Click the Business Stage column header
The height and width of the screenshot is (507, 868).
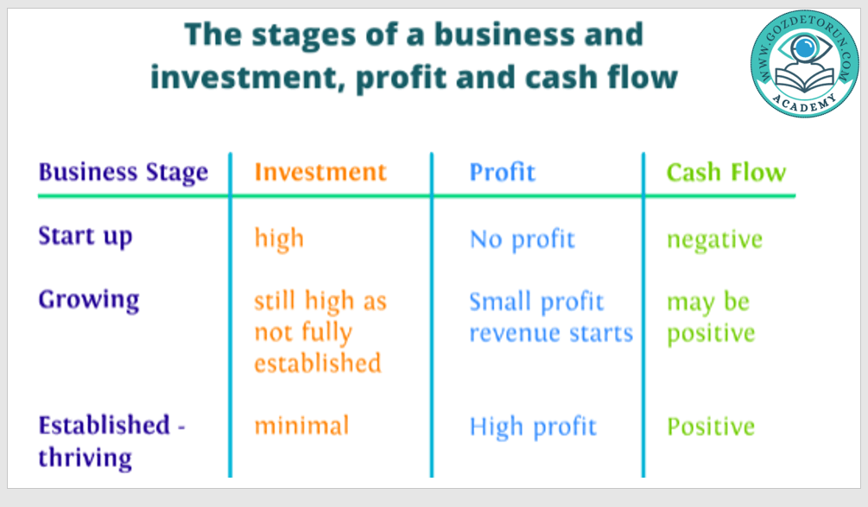tap(123, 172)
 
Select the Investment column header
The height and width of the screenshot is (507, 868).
tap(320, 172)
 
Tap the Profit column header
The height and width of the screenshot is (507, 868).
tap(502, 172)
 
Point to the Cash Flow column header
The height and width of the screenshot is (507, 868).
tap(725, 172)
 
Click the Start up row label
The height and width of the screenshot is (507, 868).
tap(86, 237)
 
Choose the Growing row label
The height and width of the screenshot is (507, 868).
tap(89, 301)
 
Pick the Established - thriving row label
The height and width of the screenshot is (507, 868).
tap(111, 441)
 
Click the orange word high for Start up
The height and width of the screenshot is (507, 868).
tap(279, 238)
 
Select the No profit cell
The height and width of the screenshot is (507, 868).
tap(522, 239)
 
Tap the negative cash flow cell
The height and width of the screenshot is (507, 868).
tap(714, 240)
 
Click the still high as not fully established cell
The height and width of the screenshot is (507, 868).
tap(320, 332)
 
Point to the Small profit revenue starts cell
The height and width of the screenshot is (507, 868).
tap(551, 317)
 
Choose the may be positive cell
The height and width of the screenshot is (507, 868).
tap(711, 318)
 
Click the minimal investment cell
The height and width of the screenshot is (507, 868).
tap(301, 426)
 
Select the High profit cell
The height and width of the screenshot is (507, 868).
tap(533, 427)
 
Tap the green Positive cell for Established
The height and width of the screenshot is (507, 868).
tap(711, 426)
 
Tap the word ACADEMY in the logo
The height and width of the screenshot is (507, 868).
tap(804, 103)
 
